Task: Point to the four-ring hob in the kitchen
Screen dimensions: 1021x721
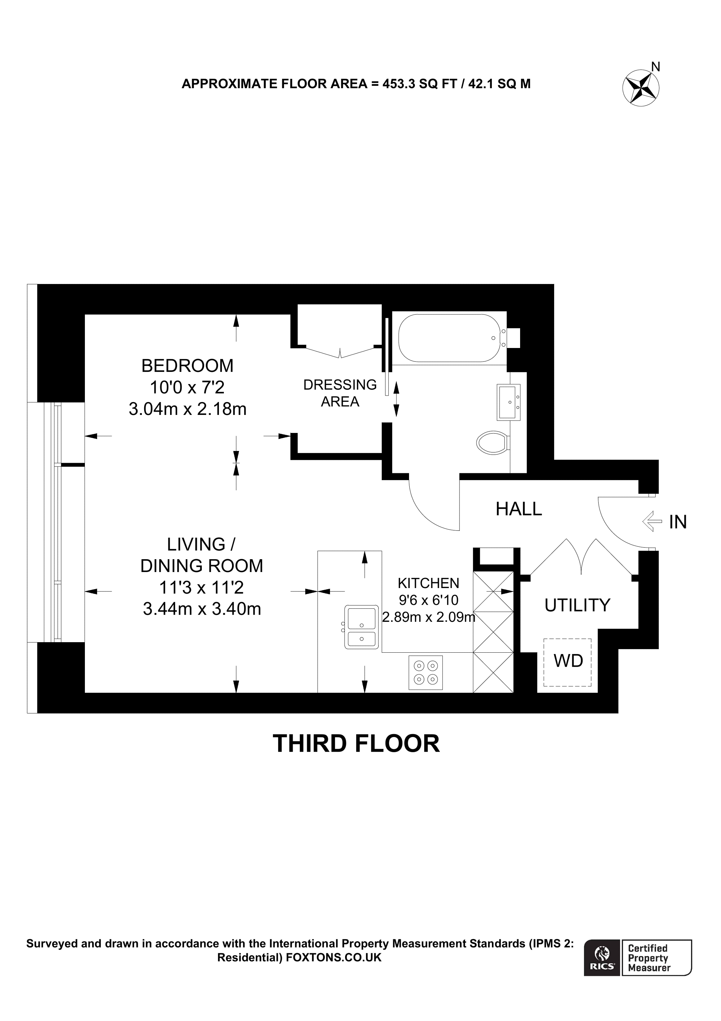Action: point(426,672)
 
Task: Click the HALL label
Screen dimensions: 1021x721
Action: point(518,509)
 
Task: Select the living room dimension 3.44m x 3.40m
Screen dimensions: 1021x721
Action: point(202,609)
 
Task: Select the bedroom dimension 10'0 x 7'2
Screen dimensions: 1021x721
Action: point(187,387)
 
